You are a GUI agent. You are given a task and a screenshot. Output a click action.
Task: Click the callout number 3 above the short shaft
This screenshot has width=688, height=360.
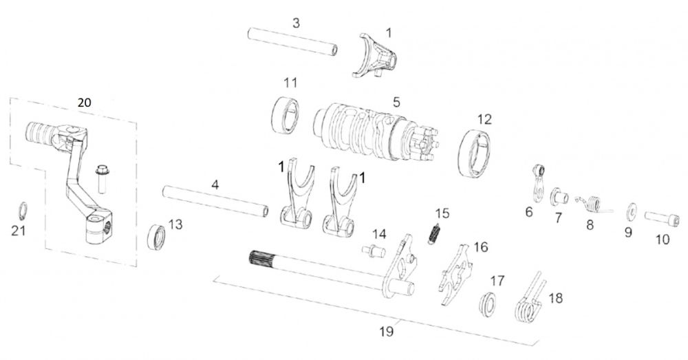(296, 23)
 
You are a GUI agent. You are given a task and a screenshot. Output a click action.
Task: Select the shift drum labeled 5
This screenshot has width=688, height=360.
(376, 131)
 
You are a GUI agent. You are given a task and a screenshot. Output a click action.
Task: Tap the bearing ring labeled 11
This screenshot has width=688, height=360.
(286, 114)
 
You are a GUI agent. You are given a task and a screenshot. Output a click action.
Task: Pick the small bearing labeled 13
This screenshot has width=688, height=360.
(157, 237)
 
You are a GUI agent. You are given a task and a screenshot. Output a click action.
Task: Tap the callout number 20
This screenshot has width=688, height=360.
(84, 103)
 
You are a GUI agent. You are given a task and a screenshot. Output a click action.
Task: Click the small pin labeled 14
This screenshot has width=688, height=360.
(374, 251)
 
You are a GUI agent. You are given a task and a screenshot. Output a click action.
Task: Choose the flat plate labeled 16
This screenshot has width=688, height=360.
(456, 274)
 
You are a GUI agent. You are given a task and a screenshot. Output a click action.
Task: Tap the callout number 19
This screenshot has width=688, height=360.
(386, 331)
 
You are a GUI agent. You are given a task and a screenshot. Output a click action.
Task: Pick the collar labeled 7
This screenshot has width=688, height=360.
(559, 196)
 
